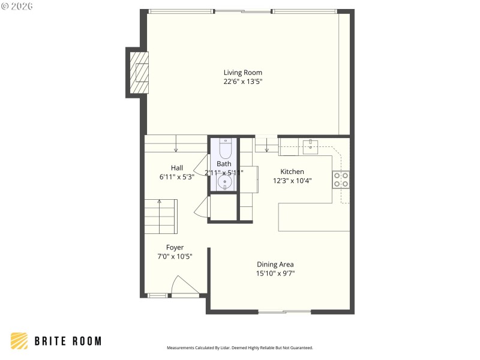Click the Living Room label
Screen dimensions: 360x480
243,73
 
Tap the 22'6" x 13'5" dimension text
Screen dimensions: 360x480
243,82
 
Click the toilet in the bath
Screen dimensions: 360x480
225,148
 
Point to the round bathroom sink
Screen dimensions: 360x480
226,182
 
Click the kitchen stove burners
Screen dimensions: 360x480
341,179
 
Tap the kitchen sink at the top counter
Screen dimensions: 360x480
310,144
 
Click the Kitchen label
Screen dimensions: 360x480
292,172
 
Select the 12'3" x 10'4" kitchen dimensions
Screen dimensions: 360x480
292,181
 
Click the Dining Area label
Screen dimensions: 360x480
275,264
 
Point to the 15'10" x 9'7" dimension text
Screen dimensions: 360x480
275,274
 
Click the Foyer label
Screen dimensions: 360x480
175,247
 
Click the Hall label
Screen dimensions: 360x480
177,168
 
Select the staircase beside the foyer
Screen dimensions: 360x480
161,217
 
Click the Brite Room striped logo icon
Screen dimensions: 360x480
19,341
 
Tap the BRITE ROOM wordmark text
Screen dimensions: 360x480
68,341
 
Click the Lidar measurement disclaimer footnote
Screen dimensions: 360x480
239,348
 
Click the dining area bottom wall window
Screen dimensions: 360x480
284,311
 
